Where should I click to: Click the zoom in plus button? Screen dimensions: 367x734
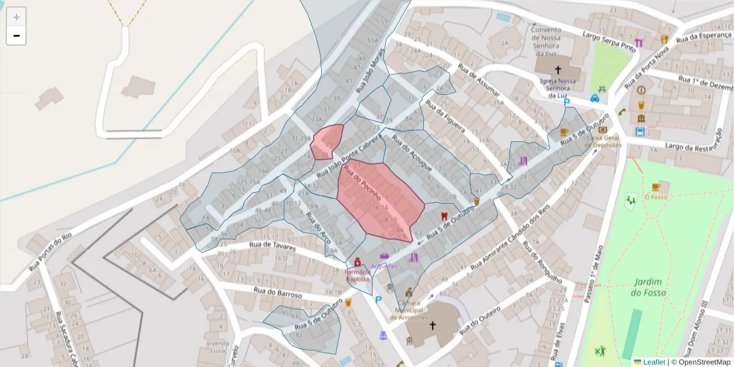click(17, 17)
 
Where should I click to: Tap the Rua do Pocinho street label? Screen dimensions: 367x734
click(363, 183)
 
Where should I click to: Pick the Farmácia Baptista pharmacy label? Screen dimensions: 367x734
click(358, 275)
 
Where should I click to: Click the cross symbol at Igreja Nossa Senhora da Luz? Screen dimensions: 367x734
click(558, 70)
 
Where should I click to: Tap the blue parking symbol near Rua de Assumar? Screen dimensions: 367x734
click(566, 103)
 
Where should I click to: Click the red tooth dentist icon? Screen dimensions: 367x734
click(444, 216)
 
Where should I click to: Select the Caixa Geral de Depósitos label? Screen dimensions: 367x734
click(604, 141)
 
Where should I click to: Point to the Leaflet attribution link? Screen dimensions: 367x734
click(654, 362)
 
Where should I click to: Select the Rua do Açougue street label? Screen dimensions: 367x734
click(412, 153)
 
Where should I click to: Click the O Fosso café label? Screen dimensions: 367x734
click(654, 197)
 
